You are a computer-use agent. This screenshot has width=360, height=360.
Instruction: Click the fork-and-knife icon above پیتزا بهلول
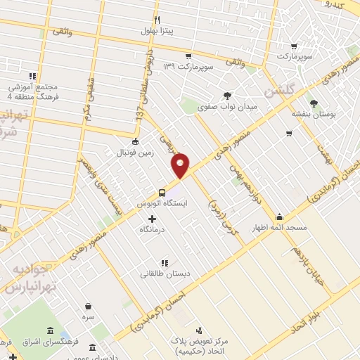(157, 20)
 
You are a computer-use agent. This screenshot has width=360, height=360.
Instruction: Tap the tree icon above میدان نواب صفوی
(226, 96)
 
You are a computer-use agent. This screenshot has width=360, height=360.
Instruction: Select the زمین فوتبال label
(134, 151)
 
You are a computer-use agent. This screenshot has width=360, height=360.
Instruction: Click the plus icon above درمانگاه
(153, 219)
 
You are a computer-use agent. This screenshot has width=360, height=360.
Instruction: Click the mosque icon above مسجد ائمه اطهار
(280, 217)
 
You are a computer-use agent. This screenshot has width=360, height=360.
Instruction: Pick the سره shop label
(88, 318)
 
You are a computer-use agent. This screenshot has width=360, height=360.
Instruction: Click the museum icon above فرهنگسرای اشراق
(49, 331)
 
